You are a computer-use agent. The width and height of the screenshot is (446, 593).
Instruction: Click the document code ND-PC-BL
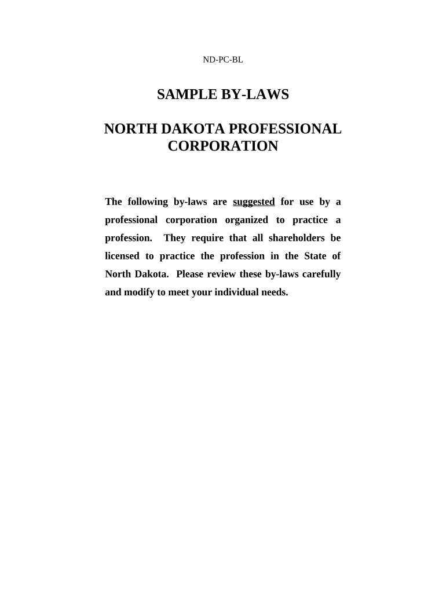[222, 60]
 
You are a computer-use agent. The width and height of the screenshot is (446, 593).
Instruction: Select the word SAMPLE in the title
[187, 95]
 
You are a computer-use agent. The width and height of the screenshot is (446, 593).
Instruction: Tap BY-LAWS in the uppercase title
[255, 95]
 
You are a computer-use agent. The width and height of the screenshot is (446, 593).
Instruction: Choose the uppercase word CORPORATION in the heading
[222, 147]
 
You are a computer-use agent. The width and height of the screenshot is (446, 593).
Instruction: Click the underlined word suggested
[254, 202]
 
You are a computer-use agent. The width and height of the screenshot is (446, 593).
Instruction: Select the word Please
[189, 274]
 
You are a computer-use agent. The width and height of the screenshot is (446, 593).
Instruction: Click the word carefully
[321, 274]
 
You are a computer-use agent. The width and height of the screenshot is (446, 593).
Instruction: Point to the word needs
[275, 292]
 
